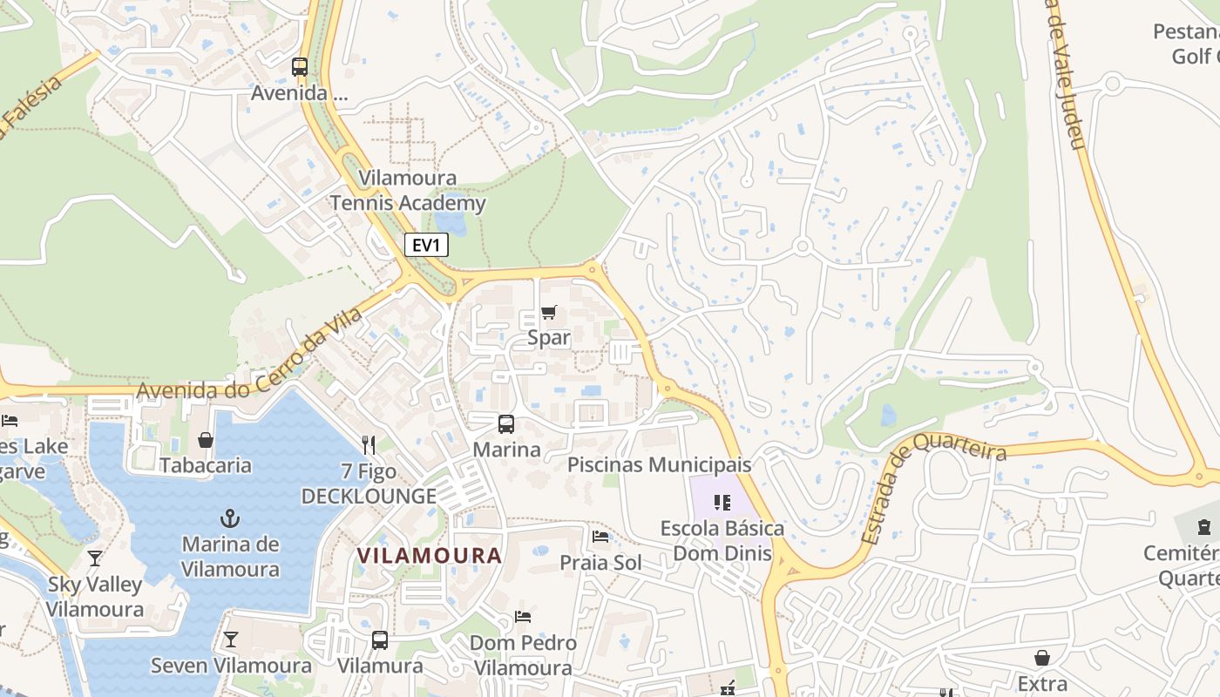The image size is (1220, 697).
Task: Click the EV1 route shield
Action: pyautogui.click(x=426, y=246)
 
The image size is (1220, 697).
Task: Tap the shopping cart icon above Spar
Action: pyautogui.click(x=549, y=312)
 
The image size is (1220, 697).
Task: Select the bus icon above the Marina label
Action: pyautogui.click(x=506, y=424)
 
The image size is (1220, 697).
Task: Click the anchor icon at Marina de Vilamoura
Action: pyautogui.click(x=230, y=519)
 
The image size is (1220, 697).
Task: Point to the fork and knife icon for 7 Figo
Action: pyautogui.click(x=369, y=445)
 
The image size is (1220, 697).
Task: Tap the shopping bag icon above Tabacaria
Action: pyautogui.click(x=206, y=440)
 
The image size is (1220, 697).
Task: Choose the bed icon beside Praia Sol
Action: pyautogui.click(x=600, y=536)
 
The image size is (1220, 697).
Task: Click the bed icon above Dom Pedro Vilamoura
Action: pyautogui.click(x=523, y=617)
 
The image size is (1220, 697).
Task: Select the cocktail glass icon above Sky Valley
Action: pyautogui.click(x=95, y=558)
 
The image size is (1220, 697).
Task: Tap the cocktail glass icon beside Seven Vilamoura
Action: pyautogui.click(x=230, y=639)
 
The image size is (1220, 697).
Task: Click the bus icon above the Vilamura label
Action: pyautogui.click(x=380, y=640)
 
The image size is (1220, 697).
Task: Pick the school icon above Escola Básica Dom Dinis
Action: pyautogui.click(x=722, y=502)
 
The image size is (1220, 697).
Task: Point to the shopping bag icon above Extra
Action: pyautogui.click(x=1042, y=658)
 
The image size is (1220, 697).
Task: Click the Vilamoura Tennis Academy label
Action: pyautogui.click(x=408, y=191)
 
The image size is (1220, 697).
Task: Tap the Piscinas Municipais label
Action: pyautogui.click(x=659, y=464)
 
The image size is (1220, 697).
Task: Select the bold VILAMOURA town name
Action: pyautogui.click(x=430, y=555)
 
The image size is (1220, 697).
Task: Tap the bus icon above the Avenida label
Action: pyautogui.click(x=300, y=66)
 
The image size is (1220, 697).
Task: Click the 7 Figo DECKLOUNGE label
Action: pyautogui.click(x=369, y=484)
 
